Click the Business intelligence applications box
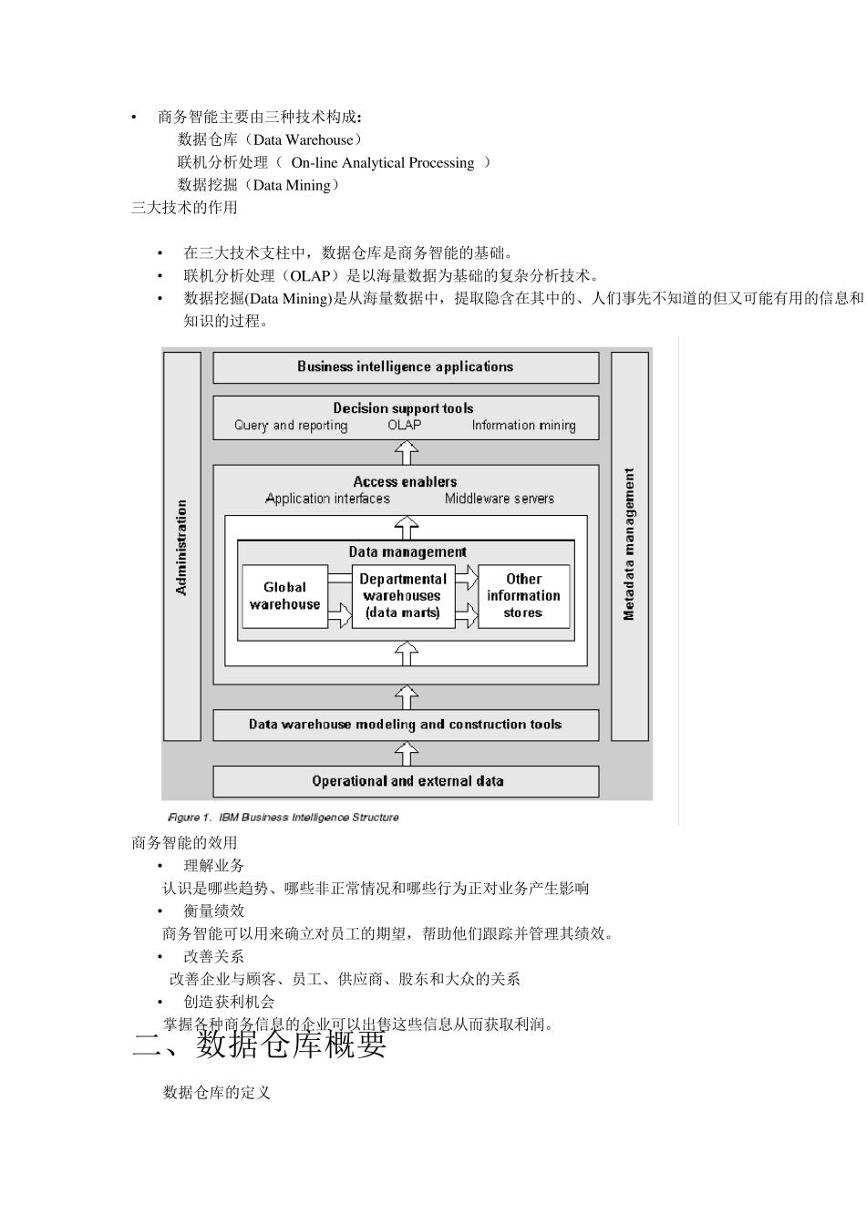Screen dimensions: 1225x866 (406, 367)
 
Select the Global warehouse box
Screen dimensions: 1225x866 (284, 596)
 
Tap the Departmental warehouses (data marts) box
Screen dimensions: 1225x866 (403, 596)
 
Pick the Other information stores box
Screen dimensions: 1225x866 (523, 596)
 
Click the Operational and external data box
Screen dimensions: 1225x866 (406, 781)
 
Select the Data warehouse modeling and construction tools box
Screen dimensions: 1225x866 (406, 725)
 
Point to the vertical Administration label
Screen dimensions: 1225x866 (181, 547)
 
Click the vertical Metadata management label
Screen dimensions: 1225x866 (629, 545)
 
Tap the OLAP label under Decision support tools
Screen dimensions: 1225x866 (405, 426)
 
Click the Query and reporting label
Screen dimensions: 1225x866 (291, 426)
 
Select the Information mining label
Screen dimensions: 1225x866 (523, 426)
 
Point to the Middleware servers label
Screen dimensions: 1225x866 (500, 499)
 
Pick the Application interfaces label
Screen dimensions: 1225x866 (327, 499)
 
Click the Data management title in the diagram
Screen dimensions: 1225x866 (407, 551)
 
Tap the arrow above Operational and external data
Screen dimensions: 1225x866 (407, 754)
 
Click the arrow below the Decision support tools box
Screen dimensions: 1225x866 (407, 452)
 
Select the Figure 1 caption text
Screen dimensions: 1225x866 (284, 818)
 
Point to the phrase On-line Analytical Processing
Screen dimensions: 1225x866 (383, 163)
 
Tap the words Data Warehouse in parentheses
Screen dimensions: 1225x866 (303, 140)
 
